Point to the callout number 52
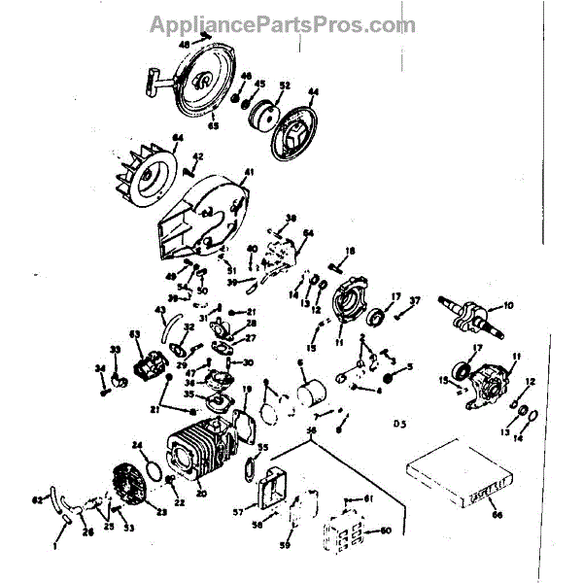pos(285,86)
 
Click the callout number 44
pos(313,94)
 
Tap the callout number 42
pos(197,156)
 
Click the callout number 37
pos(415,300)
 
